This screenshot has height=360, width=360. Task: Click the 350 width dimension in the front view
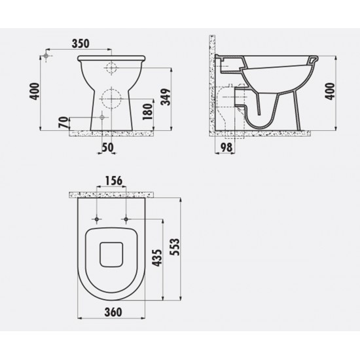pyautogui.click(x=79, y=43)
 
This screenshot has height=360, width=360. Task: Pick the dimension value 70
pyautogui.click(x=62, y=122)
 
